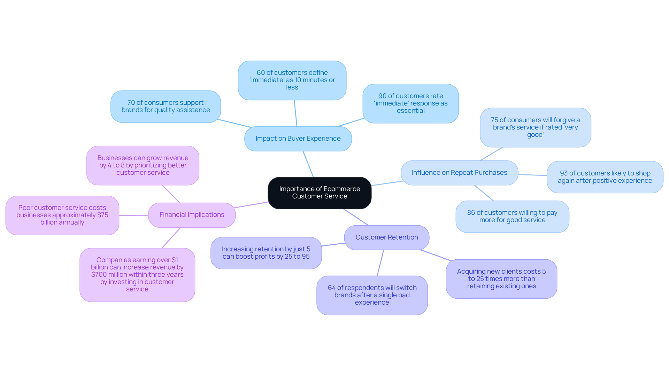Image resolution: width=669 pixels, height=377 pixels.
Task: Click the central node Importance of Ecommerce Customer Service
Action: pos(320,193)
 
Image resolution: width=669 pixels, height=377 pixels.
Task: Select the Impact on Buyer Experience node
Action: pos(298,139)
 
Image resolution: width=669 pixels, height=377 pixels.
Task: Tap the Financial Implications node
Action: pos(192,215)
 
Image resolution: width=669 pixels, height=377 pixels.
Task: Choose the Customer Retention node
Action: pos(386,237)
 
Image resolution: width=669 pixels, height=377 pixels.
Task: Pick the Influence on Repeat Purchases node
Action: pos(459,173)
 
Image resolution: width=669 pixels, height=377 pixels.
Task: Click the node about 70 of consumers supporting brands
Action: pos(166,107)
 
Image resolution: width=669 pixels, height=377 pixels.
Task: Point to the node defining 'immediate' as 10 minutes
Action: pos(292,80)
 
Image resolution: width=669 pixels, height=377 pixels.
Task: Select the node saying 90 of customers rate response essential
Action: pos(410,103)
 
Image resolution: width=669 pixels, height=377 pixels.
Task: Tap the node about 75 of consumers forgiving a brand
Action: pos(535,127)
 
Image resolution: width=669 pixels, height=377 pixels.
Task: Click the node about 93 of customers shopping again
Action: pos(605,177)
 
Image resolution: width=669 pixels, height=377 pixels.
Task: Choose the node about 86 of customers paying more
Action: pos(512,217)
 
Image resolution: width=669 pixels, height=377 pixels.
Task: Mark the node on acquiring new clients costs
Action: pos(501,279)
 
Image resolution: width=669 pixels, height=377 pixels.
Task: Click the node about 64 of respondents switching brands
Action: pos(372,295)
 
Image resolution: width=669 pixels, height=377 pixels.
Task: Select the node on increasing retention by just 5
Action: pos(266,253)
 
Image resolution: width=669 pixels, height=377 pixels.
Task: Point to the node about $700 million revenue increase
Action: pos(137,275)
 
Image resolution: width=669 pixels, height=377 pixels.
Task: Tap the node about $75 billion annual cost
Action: pos(62,215)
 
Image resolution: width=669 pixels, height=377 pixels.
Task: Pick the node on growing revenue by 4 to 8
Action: pos(143,165)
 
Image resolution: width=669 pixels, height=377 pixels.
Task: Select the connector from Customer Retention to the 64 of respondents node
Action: pos(380,263)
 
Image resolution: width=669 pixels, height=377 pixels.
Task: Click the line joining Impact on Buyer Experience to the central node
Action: pos(308,164)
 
